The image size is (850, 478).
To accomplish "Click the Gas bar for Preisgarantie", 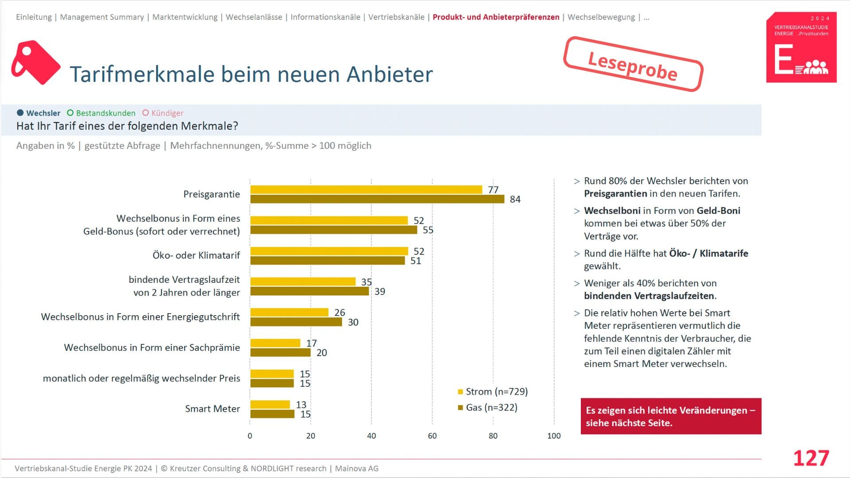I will pos(377,199).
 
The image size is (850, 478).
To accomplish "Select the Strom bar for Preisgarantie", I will pos(366,189).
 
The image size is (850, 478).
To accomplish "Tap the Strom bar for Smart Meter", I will pos(270,405).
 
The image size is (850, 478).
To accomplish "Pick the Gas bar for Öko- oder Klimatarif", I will pos(328,261).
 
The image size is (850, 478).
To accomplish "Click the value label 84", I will pos(515,199).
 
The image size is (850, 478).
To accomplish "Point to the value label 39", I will pos(379,292).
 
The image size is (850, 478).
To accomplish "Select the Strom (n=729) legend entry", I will pos(493,392).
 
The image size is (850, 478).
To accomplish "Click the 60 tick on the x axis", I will pos(432,436).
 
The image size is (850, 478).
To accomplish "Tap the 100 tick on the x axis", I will pos(554,436).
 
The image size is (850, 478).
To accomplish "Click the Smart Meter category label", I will pos(212,409).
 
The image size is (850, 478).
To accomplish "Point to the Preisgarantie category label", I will pos(212,194).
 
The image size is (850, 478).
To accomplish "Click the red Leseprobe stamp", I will pos(633,65).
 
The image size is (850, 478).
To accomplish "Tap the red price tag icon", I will pos(35,62).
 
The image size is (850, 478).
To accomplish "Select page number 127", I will pos(811,458).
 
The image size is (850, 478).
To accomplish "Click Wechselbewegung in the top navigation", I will pos(601,17).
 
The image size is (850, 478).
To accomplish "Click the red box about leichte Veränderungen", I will pos(671,416).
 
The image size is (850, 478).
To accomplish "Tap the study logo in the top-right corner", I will pos(801,47).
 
